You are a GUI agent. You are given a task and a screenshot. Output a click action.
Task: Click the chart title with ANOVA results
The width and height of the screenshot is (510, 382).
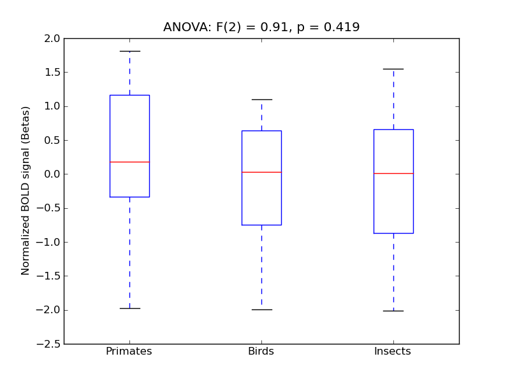[x=261, y=27]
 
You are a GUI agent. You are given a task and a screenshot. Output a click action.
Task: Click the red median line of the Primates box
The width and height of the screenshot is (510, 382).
[x=129, y=162]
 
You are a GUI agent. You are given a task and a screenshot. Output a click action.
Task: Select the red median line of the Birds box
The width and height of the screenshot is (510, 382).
[x=261, y=172]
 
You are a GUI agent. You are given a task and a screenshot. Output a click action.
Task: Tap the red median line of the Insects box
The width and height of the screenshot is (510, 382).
[x=393, y=173]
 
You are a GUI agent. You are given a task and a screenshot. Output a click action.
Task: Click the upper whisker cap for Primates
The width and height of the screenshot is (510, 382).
[x=129, y=51]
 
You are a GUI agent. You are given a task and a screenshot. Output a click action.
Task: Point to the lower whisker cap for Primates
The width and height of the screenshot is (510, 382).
[x=129, y=308]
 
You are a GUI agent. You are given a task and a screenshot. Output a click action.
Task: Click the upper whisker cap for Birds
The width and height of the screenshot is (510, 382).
[x=261, y=99]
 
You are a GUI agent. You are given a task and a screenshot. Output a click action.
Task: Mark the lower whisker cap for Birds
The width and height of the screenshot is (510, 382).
[x=261, y=309]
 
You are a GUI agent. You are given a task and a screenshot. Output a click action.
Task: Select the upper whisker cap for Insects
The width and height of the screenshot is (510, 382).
[x=393, y=69]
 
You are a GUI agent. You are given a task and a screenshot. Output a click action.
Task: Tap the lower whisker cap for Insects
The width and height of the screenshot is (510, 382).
[x=393, y=311]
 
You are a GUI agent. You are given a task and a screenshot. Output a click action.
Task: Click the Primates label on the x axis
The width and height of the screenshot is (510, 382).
[x=129, y=351]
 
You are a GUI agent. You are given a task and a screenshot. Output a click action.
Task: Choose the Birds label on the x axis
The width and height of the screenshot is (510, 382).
[x=261, y=351]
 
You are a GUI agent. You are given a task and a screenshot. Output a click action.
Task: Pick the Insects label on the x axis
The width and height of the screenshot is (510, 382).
[x=393, y=351]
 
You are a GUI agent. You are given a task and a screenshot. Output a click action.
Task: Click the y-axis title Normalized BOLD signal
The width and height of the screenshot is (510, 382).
[x=26, y=191]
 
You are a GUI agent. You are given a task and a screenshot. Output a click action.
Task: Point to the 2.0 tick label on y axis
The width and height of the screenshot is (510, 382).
[x=52, y=38]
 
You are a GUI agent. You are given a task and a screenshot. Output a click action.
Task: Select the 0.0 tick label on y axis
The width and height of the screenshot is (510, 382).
[x=52, y=174]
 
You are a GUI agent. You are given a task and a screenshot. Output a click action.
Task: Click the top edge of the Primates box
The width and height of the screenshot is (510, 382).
[x=129, y=95]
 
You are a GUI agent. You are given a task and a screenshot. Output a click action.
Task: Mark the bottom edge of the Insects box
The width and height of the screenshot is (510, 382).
[x=393, y=233]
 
